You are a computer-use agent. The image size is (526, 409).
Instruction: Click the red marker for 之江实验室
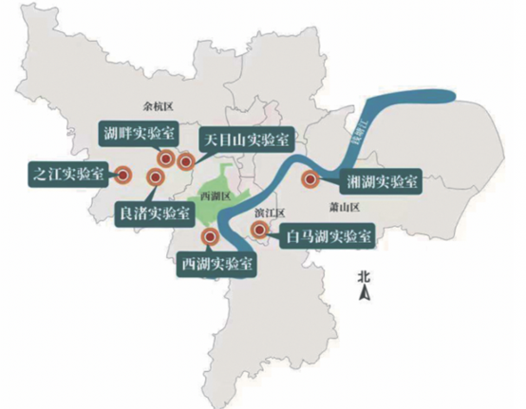(122, 174)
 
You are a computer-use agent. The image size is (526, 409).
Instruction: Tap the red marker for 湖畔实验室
(167, 159)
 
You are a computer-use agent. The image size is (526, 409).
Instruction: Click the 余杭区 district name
(149, 106)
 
